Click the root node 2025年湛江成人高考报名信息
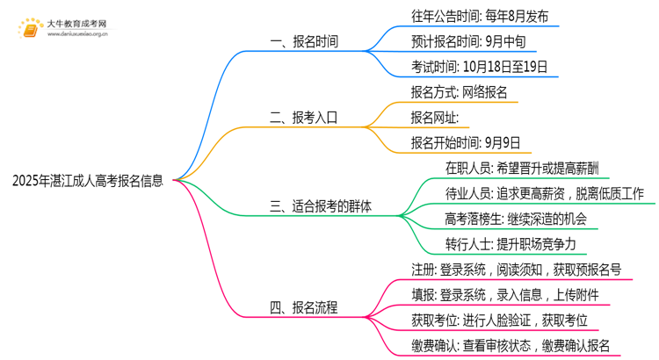(88, 182)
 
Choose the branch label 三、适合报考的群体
(321, 207)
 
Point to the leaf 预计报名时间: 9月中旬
(456, 41)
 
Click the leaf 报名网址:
(434, 117)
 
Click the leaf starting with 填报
(505, 294)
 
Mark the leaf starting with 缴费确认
(510, 345)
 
